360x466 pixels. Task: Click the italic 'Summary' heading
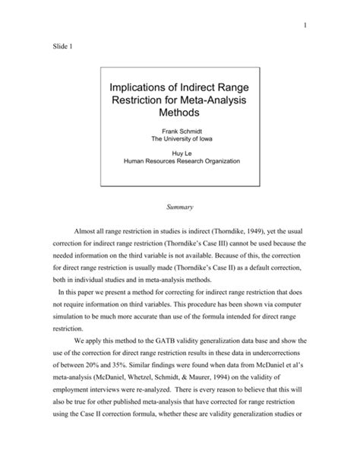pyautogui.click(x=180, y=207)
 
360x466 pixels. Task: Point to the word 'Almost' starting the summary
pyautogui.click(x=85, y=231)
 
